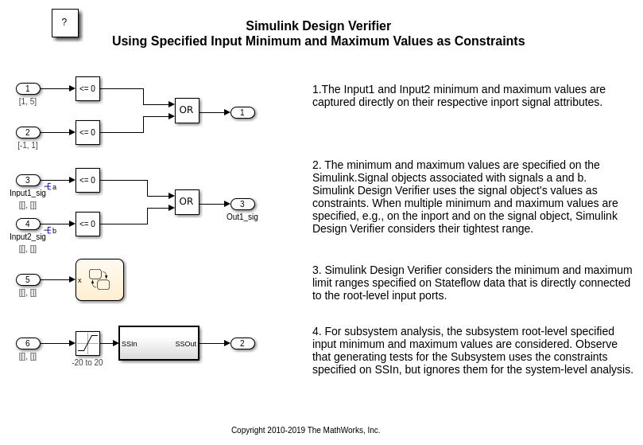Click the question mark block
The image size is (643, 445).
click(65, 23)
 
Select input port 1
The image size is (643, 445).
click(28, 88)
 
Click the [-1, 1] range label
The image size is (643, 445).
click(28, 145)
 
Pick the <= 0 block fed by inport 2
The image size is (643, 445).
click(87, 132)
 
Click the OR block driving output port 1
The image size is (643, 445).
click(187, 110)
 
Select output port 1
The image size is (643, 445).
click(242, 112)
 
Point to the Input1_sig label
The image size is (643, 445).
click(28, 193)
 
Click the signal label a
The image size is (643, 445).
click(55, 187)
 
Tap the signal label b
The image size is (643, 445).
click(54, 231)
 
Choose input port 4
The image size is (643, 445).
click(28, 224)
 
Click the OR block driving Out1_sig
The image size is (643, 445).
click(187, 201)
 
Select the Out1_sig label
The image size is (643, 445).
click(242, 217)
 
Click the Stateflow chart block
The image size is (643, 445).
click(99, 280)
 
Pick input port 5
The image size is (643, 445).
click(28, 280)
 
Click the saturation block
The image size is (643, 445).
click(87, 344)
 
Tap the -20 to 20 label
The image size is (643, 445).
click(87, 362)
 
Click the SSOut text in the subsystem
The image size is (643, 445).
click(185, 344)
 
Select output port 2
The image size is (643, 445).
click(242, 344)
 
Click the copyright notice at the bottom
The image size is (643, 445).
click(305, 430)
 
